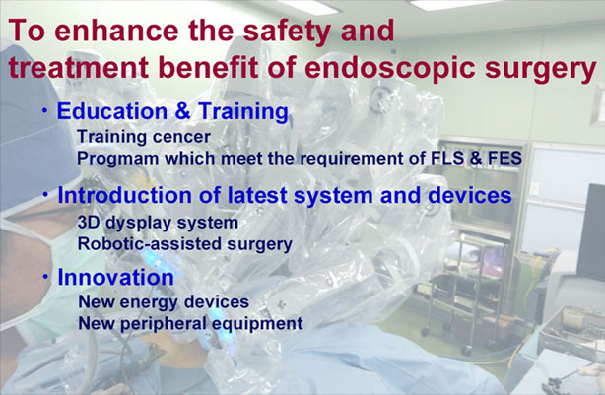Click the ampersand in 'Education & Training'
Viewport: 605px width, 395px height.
[x=183, y=111]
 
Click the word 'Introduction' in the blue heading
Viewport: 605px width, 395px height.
[x=125, y=195]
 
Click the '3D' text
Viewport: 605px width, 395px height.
[x=89, y=223]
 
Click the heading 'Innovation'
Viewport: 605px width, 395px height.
[x=115, y=277]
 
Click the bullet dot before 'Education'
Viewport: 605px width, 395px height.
[x=45, y=111]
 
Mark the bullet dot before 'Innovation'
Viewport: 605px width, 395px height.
[x=46, y=277]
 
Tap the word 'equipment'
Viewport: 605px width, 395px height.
[x=257, y=324]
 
